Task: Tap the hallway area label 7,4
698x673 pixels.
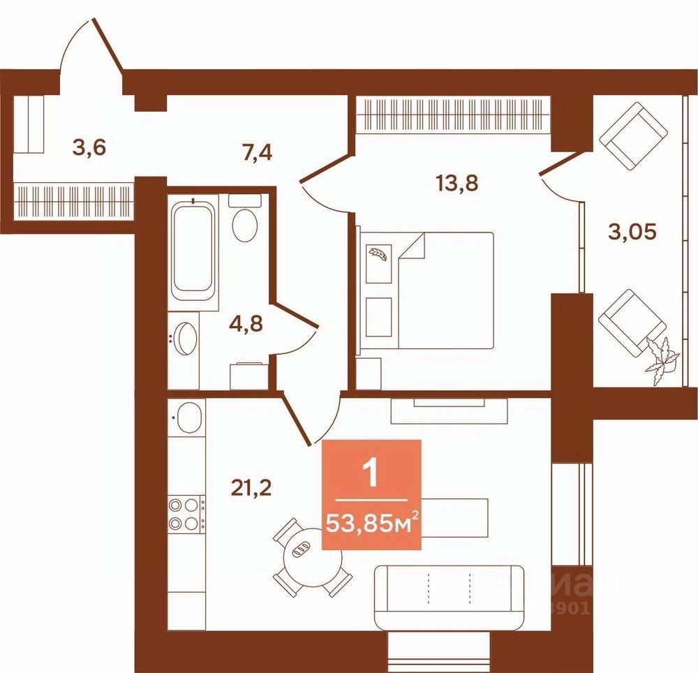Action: pyautogui.click(x=257, y=151)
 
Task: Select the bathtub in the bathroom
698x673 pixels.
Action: pyautogui.click(x=193, y=248)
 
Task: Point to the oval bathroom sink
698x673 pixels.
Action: pyautogui.click(x=185, y=341)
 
